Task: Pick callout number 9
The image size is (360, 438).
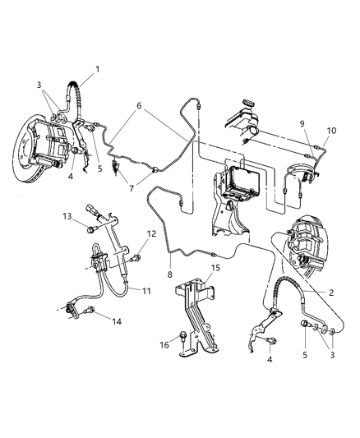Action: pyautogui.click(x=304, y=123)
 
